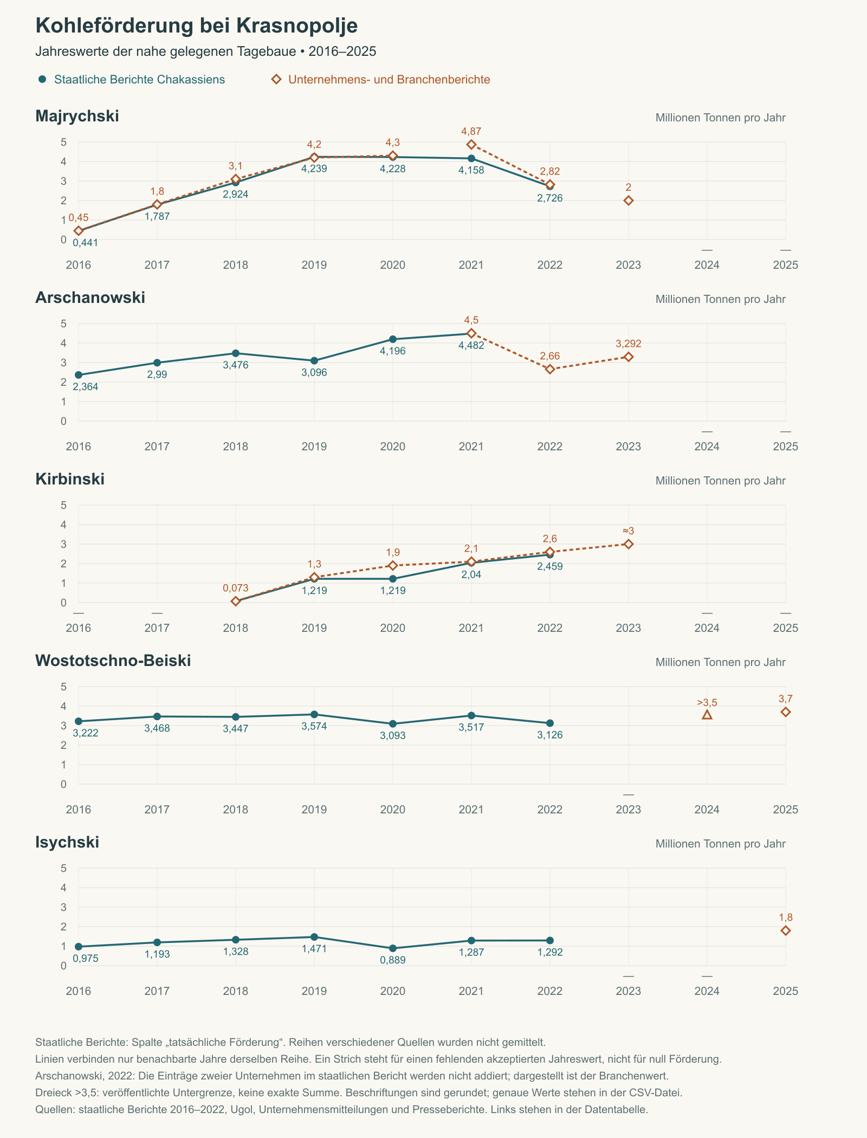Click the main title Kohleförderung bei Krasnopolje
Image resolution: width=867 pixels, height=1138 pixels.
coord(197,26)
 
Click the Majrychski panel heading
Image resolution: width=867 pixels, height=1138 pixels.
coord(77,116)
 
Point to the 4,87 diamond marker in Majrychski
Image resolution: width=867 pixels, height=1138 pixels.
coord(471,145)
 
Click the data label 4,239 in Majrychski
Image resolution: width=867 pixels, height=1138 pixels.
coord(314,169)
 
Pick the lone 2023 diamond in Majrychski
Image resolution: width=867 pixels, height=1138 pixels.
coord(629,201)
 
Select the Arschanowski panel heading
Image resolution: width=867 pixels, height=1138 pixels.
coord(90,298)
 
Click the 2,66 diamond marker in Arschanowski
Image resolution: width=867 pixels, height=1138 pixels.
coord(550,369)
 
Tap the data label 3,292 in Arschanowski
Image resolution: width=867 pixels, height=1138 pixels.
coord(629,344)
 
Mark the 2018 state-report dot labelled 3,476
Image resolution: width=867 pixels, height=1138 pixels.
coord(236,353)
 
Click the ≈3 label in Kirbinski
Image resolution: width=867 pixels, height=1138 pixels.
coord(629,531)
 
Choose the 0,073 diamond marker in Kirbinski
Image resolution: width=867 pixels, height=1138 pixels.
coord(236,601)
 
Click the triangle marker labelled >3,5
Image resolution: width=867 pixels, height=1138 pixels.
coord(707,715)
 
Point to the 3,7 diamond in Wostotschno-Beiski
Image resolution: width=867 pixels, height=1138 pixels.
coord(786,712)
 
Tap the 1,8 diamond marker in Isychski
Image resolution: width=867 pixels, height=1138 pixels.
coord(786,930)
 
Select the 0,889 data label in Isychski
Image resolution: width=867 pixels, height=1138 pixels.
coord(393,960)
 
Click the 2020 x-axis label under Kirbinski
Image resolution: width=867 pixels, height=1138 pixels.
coord(393,628)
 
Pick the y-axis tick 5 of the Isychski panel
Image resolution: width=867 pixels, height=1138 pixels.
coord(64,868)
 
